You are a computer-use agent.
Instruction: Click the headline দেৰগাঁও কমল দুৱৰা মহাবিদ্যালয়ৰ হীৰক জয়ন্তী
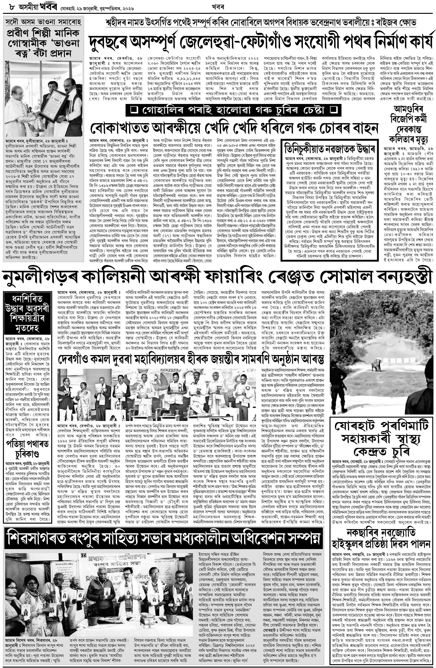(191, 359)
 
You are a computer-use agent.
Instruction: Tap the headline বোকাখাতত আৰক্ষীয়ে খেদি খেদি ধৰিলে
(233, 128)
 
